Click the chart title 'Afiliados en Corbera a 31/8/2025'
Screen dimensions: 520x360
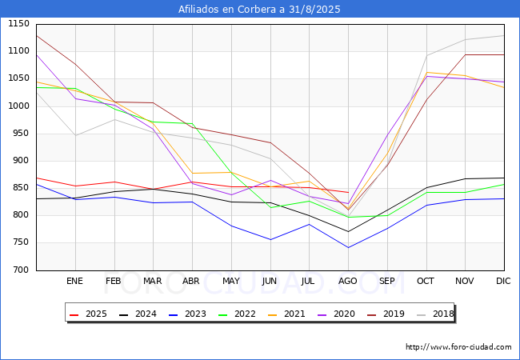point(259,10)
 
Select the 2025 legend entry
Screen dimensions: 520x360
point(88,314)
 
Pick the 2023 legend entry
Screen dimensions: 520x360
point(187,314)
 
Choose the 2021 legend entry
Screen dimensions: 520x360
point(286,314)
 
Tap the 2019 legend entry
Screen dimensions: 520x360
point(386,314)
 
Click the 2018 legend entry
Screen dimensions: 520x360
point(435,314)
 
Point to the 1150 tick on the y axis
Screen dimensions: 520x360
point(19,24)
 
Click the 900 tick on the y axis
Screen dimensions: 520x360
point(22,161)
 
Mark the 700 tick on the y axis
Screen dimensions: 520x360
point(22,270)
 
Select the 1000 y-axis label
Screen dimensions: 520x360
point(19,106)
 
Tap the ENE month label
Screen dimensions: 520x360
point(74,281)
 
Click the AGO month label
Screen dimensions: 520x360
point(347,281)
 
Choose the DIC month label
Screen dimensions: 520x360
point(503,281)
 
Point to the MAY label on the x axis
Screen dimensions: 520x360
point(231,281)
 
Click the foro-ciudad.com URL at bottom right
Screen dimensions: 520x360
point(458,347)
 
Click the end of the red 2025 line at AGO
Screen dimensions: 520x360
point(348,192)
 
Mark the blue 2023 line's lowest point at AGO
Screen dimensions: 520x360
point(348,248)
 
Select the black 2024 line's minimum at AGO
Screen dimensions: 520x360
point(348,232)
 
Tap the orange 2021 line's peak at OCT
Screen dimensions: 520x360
point(426,72)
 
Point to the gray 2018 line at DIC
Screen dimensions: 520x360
point(504,35)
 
